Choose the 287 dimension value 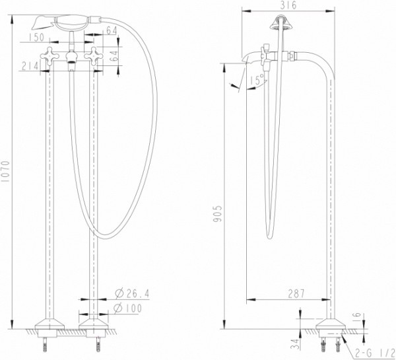pyautogui.click(x=295, y=294)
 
